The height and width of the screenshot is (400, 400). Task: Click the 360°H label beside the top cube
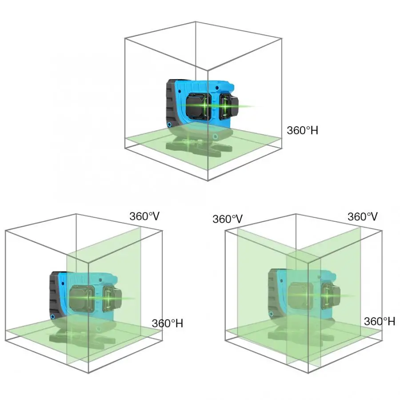point(303,130)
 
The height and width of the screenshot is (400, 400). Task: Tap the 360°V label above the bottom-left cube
point(144,216)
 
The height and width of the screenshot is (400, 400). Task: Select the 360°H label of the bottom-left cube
point(168,323)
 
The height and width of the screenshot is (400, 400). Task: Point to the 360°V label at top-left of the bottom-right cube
point(228,219)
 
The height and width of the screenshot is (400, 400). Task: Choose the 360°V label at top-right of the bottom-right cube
point(363,216)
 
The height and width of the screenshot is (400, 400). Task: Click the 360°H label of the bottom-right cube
point(380,321)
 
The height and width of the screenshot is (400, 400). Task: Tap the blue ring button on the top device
point(169,124)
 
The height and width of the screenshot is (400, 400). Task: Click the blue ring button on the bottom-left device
point(52,316)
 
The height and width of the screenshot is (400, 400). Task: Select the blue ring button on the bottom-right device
point(271,314)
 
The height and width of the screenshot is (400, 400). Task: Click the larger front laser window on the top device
point(199,106)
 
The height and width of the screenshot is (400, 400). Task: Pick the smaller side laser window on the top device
point(229,106)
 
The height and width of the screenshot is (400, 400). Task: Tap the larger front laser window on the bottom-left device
point(82,299)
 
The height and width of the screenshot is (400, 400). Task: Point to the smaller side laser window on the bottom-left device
point(112,299)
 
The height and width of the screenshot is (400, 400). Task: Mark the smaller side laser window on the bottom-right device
point(331,296)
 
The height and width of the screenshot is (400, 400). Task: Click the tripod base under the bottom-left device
point(82,337)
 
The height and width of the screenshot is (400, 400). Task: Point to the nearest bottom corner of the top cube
point(208,180)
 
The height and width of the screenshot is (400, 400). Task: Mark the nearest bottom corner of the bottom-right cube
point(308,373)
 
